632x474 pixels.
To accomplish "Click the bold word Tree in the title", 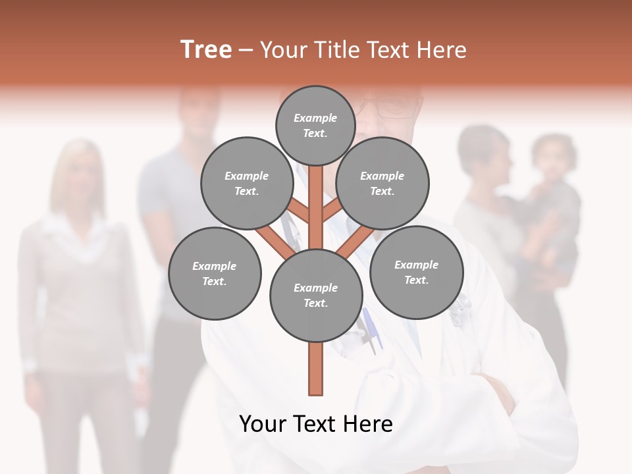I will click(206, 50).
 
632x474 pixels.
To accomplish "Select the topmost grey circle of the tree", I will click(315, 125).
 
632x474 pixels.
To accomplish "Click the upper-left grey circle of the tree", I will click(247, 183).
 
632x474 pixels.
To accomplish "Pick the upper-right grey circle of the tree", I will click(382, 183).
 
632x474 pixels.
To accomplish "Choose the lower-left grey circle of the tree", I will click(215, 273).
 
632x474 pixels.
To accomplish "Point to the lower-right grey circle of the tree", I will click(416, 272).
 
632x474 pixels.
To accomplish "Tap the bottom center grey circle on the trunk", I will click(315, 295).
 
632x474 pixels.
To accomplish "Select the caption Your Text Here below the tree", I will click(315, 424).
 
